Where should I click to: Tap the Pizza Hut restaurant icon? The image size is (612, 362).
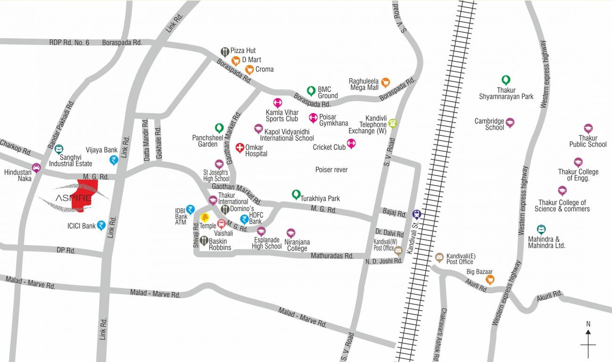pyautogui.click(x=224, y=51)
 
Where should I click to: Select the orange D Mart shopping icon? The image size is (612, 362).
pyautogui.click(x=236, y=60)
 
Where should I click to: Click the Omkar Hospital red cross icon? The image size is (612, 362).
pyautogui.click(x=240, y=148)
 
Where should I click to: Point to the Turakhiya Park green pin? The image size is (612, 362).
pyautogui.click(x=296, y=193)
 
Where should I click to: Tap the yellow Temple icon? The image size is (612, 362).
pyautogui.click(x=205, y=217)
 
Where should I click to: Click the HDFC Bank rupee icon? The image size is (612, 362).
pyautogui.click(x=244, y=219)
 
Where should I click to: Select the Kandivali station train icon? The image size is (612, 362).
pyautogui.click(x=416, y=214)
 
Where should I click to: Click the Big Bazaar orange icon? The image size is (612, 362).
pyautogui.click(x=490, y=279)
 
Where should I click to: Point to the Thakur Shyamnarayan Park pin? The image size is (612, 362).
pyautogui.click(x=506, y=80)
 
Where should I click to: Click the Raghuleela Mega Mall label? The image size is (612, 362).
pyautogui.click(x=364, y=84)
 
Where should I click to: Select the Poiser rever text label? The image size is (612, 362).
pyautogui.click(x=331, y=170)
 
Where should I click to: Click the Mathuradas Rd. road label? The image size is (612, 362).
pyautogui.click(x=332, y=256)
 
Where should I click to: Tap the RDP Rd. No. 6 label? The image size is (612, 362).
pyautogui.click(x=69, y=42)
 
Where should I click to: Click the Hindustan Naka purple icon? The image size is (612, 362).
pyautogui.click(x=36, y=167)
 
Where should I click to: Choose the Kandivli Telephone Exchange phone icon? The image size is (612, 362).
pyautogui.click(x=392, y=123)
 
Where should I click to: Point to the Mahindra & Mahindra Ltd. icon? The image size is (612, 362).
pyautogui.click(x=541, y=229)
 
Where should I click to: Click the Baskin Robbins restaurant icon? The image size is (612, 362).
pyautogui.click(x=204, y=240)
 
